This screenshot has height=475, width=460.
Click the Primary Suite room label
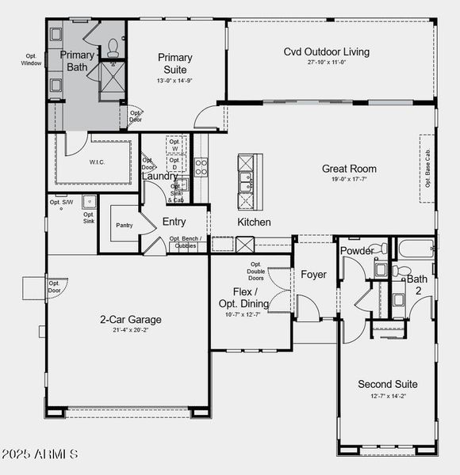174,63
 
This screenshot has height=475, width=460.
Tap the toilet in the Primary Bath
113,44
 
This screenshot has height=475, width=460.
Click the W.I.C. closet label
98,161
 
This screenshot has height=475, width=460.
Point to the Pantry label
125,226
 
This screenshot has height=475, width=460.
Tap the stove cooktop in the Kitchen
201,166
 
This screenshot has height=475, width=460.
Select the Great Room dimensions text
349,180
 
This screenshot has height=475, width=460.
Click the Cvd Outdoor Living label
327,52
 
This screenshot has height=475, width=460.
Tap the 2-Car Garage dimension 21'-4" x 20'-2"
131,330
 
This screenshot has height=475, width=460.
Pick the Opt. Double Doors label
256,271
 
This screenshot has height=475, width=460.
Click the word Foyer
313,275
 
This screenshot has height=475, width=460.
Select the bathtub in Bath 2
416,249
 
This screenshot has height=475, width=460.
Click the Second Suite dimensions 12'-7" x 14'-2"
387,396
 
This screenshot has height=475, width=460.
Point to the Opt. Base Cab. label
427,169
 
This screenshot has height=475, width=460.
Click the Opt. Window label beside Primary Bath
32,60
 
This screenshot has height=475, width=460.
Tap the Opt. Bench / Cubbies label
185,241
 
